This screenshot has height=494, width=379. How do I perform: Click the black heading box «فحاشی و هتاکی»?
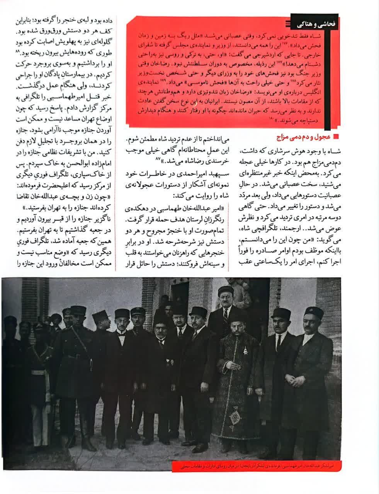tap(314, 24)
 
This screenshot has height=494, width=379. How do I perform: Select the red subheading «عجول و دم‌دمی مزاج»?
tap(301, 137)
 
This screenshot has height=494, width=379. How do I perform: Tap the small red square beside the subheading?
tap(335, 137)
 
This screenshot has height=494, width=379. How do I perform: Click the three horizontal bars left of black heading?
tap(287, 24)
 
